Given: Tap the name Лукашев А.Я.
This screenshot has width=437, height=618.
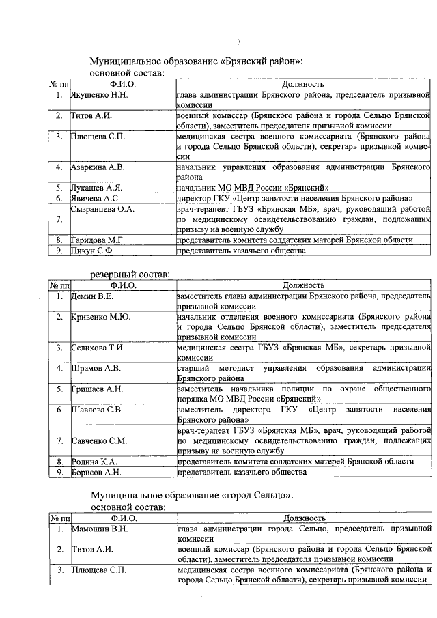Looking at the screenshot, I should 97,187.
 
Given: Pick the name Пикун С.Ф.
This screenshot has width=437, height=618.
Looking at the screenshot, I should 93,251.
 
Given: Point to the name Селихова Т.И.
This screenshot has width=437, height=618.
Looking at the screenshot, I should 98,348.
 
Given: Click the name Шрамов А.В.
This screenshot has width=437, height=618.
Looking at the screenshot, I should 96,369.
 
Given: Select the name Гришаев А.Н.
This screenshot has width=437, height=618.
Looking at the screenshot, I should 97,389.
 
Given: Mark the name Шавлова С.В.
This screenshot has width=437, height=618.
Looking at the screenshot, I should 97,410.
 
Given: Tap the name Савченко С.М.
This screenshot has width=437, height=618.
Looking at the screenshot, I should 99,440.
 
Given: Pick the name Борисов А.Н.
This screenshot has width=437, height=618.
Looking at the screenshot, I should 96,472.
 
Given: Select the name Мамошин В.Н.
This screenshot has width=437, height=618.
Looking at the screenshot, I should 100,529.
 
